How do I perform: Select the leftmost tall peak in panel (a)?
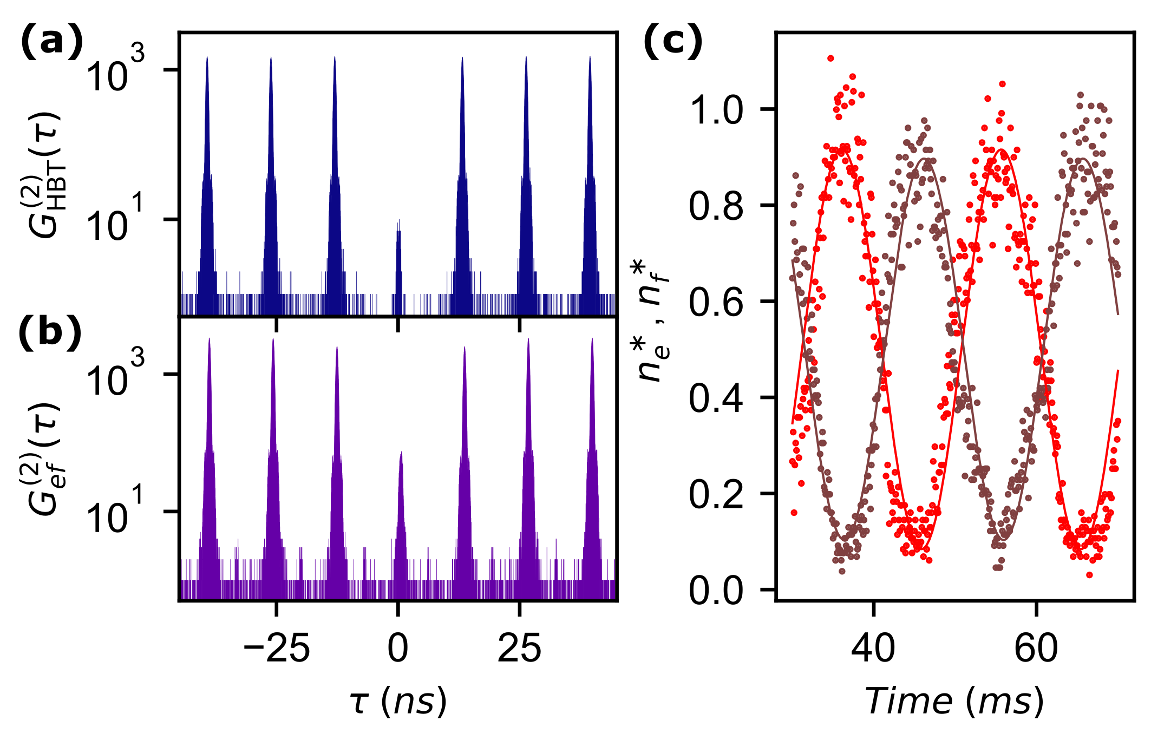(207, 162)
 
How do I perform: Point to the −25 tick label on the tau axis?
(277, 649)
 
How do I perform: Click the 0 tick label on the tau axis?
(398, 649)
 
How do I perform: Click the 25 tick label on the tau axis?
(519, 649)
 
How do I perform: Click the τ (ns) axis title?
(398, 702)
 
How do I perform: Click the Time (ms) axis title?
(954, 702)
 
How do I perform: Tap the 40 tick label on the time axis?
(873, 649)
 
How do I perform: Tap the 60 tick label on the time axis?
(1036, 649)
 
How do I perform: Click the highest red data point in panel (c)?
(830, 58)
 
